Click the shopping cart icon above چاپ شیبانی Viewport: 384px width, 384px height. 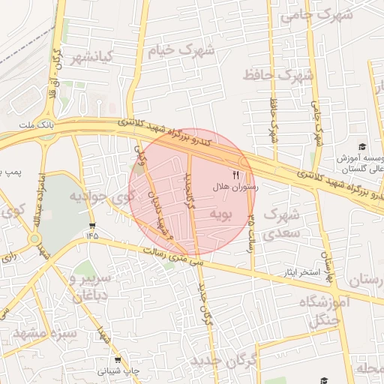(117, 360)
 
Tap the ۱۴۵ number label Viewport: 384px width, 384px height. (91, 236)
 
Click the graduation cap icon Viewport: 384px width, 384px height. (362, 147)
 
